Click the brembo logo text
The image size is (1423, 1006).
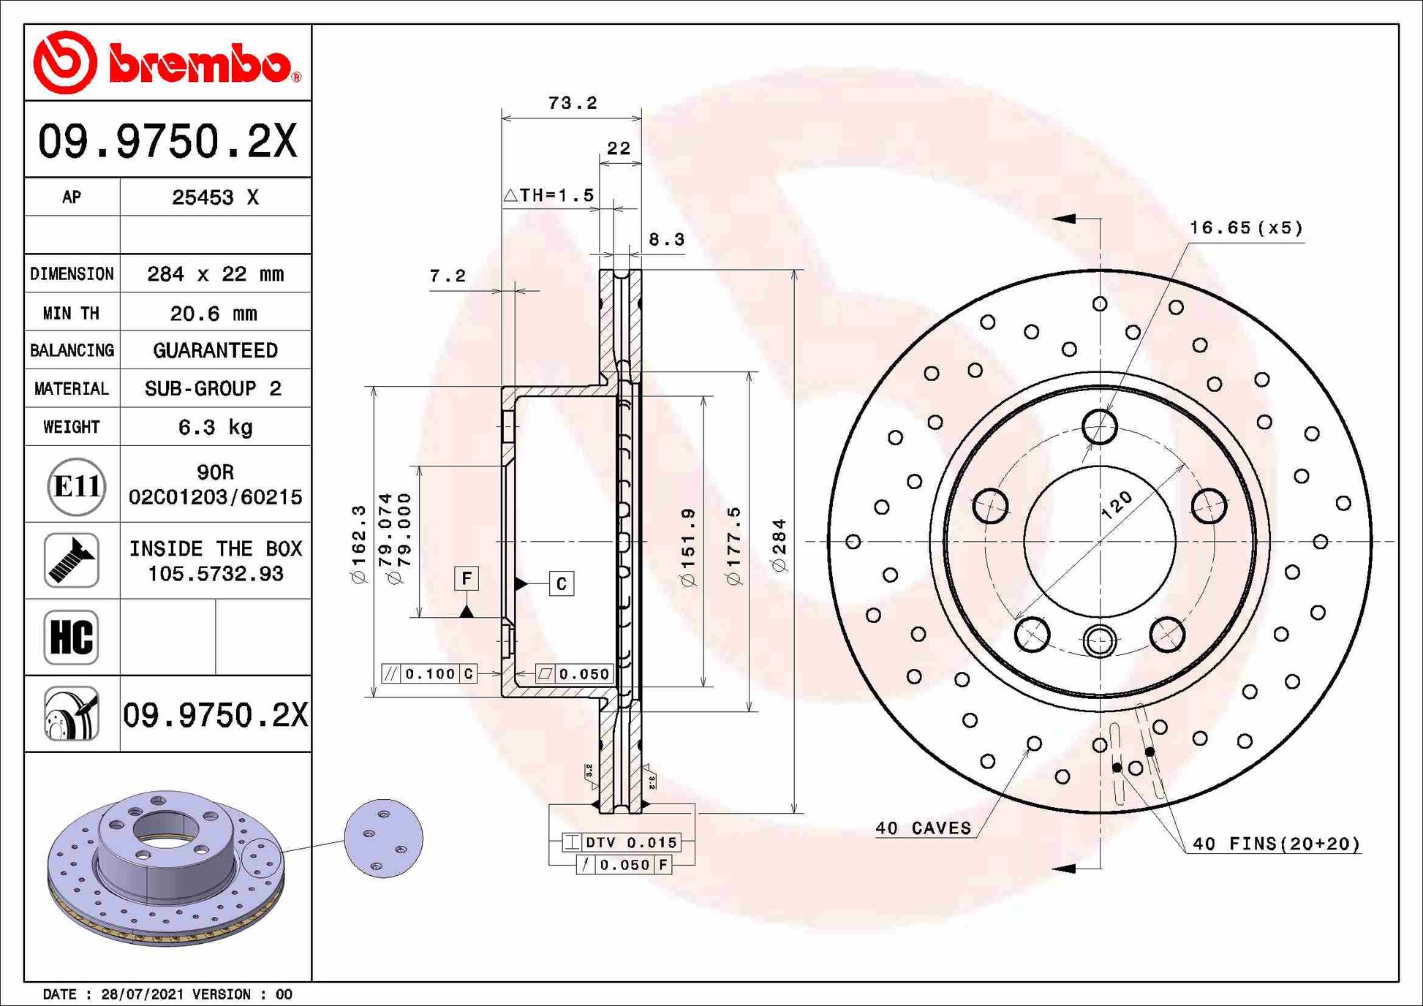click(199, 64)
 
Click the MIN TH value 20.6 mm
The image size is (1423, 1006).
click(214, 314)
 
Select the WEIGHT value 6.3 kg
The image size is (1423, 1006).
click(215, 427)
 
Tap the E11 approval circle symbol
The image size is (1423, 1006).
click(76, 485)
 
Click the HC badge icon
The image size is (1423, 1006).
click(71, 637)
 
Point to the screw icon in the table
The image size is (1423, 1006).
click(71, 561)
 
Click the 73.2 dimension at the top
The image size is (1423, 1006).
click(573, 103)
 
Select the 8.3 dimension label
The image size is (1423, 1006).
click(666, 240)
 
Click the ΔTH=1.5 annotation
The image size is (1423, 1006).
click(548, 195)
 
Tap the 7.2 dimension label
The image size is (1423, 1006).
click(448, 276)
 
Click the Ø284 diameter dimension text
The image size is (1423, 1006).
click(780, 545)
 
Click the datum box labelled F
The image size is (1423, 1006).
click(467, 578)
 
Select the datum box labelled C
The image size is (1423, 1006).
click(562, 583)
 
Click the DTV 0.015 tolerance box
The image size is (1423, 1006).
click(622, 842)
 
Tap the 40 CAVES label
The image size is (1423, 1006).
click(923, 828)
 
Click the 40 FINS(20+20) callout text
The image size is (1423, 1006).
click(1276, 844)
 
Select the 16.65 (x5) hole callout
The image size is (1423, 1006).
click(1245, 228)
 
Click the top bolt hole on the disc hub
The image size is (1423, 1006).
click(1099, 426)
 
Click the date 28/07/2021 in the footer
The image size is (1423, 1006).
click(143, 994)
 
